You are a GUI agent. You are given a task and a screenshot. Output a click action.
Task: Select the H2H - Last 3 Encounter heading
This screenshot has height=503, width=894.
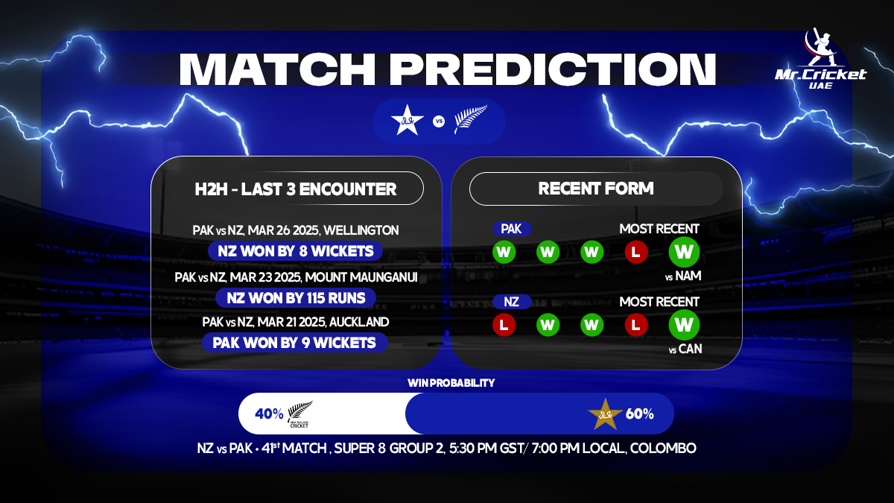[295, 189]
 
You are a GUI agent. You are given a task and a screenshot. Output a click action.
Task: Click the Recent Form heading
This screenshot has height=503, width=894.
[596, 189]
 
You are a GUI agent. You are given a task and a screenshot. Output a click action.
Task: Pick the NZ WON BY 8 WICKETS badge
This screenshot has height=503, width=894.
[295, 250]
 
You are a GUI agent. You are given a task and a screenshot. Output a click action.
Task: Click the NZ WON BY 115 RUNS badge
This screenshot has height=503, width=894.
[296, 297]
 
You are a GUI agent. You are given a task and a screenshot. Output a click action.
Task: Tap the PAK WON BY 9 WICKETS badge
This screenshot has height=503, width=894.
[295, 344]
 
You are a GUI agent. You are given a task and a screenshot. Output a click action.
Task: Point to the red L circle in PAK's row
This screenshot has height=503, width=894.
[635, 253]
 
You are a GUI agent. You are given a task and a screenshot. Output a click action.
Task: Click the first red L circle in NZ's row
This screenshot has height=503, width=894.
[504, 325]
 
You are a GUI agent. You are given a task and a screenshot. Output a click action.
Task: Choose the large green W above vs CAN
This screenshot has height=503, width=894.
[684, 324]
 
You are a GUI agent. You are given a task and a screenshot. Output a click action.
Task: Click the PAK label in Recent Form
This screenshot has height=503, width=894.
[511, 230]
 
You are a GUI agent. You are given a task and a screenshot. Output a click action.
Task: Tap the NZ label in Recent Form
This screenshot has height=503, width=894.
[511, 302]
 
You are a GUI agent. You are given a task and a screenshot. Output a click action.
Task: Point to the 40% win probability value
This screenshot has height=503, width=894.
[269, 414]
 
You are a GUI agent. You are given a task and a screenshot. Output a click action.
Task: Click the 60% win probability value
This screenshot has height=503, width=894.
[639, 414]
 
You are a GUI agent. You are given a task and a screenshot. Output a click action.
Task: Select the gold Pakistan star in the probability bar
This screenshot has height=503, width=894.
[605, 414]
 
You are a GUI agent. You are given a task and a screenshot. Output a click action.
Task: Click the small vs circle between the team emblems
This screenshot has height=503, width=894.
[439, 121]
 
